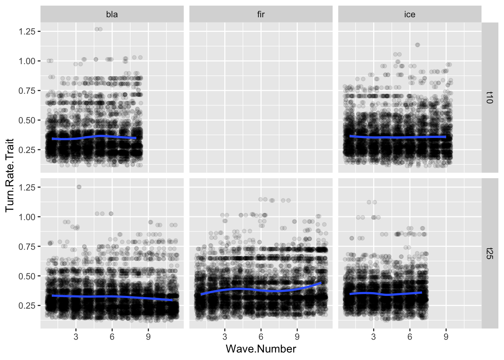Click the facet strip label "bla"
[x=112, y=15]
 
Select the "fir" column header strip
[x=261, y=15]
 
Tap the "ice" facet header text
[x=409, y=15]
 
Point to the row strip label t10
[x=489, y=97]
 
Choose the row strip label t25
[x=489, y=253]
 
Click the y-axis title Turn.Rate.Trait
[x=10, y=175]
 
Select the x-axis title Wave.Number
[x=261, y=349]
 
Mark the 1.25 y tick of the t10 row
[x=27, y=31]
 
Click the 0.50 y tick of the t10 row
[x=27, y=120]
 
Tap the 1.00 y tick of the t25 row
[x=27, y=217]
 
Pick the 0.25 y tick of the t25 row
[x=27, y=306]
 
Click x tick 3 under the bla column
[x=76, y=337]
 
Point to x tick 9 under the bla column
[x=148, y=337]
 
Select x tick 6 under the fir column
[x=261, y=337]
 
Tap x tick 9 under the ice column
[x=446, y=337]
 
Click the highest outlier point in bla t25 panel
[x=79, y=187]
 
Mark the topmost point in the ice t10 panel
[x=417, y=45]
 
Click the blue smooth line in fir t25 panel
[x=261, y=290]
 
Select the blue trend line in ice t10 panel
[x=397, y=137]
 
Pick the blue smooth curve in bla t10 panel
[x=94, y=137]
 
